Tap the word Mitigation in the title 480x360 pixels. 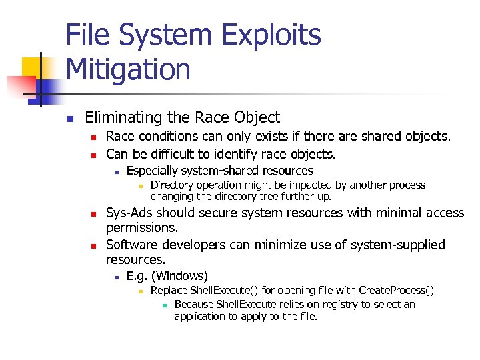click(x=128, y=69)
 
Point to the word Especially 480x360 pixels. click(x=152, y=171)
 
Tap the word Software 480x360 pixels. click(x=133, y=245)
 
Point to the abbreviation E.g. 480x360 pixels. click(x=137, y=275)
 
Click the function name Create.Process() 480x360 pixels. click(x=396, y=290)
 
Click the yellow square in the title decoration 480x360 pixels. click(x=33, y=67)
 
